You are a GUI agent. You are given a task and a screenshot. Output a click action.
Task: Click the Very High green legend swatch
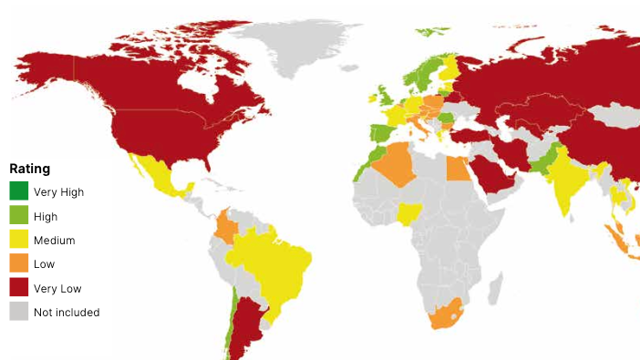[x=18, y=191]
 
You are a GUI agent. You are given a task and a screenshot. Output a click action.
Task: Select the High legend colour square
[x=18, y=216]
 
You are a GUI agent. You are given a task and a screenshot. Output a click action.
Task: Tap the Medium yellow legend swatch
[x=18, y=241]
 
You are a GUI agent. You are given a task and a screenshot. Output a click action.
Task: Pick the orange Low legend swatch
[x=18, y=264]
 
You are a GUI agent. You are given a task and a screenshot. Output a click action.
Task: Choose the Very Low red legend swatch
[x=18, y=288]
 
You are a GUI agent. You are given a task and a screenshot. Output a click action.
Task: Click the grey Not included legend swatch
[x=18, y=312]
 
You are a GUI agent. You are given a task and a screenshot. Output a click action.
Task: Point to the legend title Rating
[x=29, y=169]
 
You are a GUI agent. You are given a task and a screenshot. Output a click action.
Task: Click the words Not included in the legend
[x=67, y=313]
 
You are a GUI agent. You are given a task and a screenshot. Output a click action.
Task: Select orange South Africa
[x=446, y=316]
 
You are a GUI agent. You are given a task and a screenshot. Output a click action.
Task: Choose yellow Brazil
[x=274, y=260]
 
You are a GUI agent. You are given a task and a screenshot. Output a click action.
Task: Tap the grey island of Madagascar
[x=495, y=289]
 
